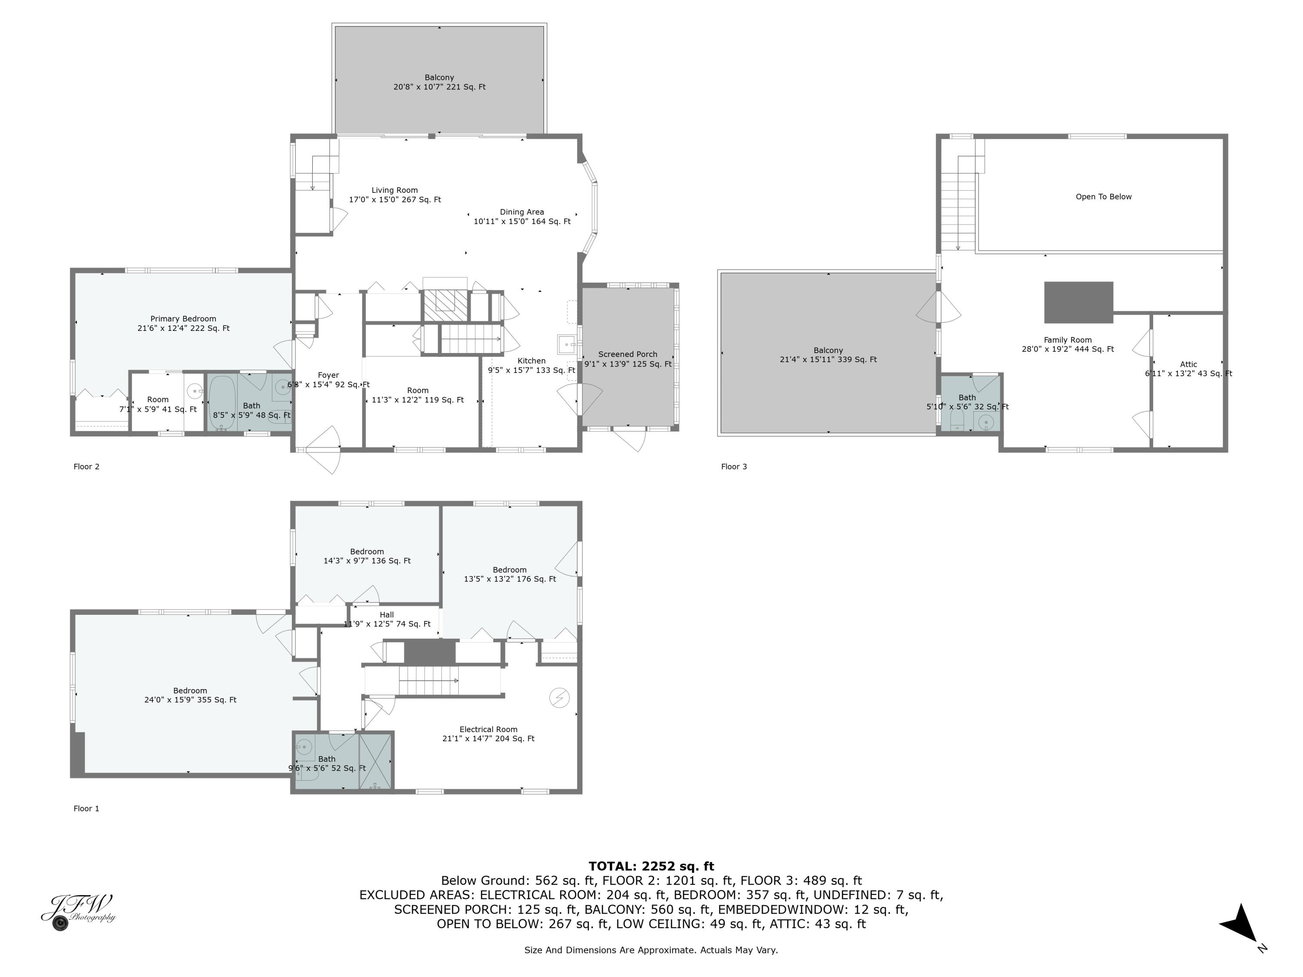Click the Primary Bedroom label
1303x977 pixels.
point(183,319)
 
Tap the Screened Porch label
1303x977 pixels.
point(627,354)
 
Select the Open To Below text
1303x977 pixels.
point(1103,197)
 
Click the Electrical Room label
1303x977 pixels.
point(488,729)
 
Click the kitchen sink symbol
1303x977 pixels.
point(567,344)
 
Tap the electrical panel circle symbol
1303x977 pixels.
point(559,698)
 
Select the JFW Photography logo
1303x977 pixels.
point(78,911)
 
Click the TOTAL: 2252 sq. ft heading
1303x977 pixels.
point(651,866)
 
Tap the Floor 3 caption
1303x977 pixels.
point(734,466)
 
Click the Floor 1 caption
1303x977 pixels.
point(86,809)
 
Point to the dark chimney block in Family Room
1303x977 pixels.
point(1078,302)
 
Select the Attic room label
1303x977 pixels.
point(1188,364)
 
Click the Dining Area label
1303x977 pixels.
point(522,212)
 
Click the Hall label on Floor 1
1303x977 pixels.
point(387,615)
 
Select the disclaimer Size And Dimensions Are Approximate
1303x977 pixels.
point(651,950)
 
